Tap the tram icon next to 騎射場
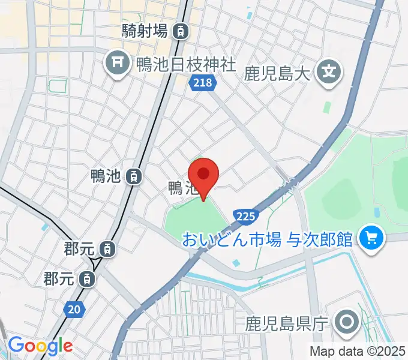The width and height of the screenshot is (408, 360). [180, 32]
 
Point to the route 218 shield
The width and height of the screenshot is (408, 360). [202, 83]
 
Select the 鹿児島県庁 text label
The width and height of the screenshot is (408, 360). [286, 325]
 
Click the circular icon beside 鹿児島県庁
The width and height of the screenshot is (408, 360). [347, 323]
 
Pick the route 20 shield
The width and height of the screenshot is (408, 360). [73, 309]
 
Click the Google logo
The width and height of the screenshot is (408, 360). [40, 346]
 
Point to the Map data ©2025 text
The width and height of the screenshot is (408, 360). [357, 351]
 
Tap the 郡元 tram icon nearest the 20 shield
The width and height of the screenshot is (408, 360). [88, 278]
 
